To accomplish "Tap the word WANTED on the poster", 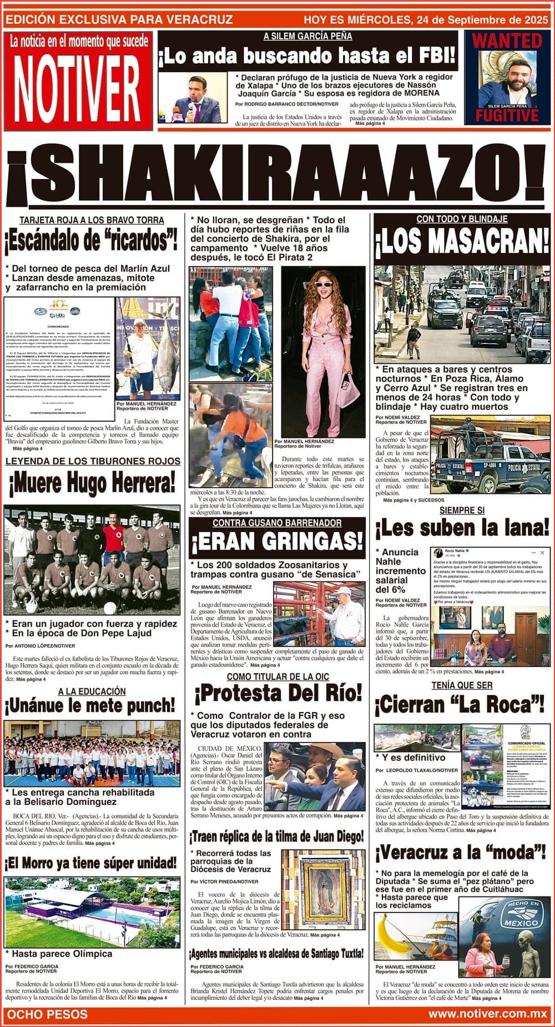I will point(506,41).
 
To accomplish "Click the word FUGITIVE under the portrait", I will point(506,115).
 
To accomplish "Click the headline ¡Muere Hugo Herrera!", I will point(92,483).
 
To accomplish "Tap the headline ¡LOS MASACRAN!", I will point(462,242).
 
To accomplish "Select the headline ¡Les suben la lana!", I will point(462,528).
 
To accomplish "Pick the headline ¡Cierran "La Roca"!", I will point(460,705).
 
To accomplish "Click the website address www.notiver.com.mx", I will point(487,1014).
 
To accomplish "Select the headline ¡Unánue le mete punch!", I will point(90,706).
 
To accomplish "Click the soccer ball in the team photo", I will point(110,608).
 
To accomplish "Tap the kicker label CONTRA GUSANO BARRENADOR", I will point(277,523).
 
